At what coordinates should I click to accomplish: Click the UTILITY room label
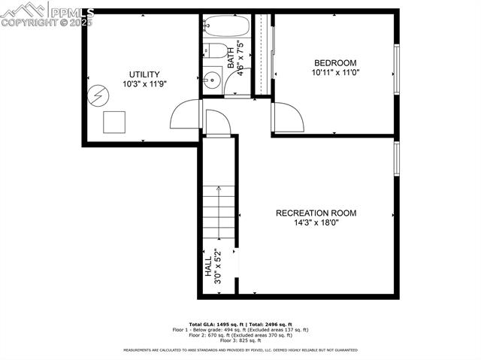point(144,74)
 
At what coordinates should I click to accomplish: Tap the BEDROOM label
point(335,62)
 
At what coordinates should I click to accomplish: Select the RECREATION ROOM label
point(316,213)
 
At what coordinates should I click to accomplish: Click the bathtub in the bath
point(228,28)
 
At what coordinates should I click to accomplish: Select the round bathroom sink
point(212,80)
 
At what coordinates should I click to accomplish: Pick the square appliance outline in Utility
point(113,121)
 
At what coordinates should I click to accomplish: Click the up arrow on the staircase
point(218,193)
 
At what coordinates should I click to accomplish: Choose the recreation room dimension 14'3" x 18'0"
point(316,224)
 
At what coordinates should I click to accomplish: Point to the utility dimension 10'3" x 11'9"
point(144,85)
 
